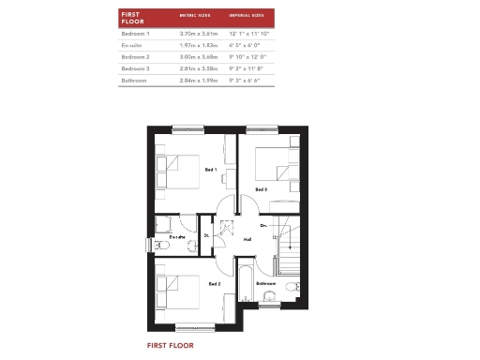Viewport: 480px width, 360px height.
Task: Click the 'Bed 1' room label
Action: pos(210,170)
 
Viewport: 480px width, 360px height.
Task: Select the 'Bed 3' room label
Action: pos(262,189)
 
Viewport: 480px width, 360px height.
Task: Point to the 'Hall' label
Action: pos(247,239)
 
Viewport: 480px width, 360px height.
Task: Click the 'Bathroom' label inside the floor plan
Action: pos(266,283)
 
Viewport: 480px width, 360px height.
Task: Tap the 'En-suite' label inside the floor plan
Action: pos(177,237)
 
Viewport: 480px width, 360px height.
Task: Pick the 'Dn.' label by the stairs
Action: pos(264,225)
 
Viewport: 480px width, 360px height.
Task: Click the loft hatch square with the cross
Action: pos(226,227)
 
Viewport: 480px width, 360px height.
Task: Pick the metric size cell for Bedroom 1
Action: pos(196,33)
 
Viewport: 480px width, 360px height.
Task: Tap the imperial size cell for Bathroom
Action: pos(245,82)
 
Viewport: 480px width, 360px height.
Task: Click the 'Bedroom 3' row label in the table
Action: pos(136,69)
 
